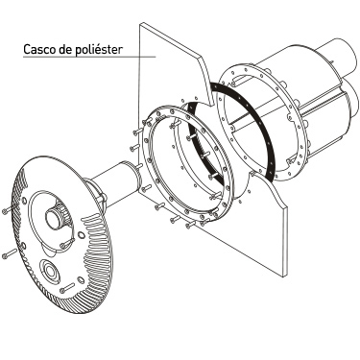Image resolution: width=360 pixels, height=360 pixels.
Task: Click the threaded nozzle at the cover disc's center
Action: [56, 217]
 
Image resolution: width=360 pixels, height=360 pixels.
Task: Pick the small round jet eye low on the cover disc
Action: [50, 271]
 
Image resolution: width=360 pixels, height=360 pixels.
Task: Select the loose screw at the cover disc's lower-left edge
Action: [9, 253]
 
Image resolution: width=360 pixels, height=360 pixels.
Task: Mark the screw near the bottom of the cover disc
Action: [67, 287]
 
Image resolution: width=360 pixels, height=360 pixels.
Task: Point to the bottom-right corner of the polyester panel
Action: [283, 276]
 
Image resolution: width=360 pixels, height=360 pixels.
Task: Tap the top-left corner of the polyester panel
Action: [140, 23]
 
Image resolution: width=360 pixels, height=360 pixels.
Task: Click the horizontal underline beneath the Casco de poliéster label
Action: [89, 57]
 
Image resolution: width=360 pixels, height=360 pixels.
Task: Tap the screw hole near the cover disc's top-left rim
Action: [24, 201]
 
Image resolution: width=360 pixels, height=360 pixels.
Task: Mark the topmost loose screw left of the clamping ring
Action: [147, 121]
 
